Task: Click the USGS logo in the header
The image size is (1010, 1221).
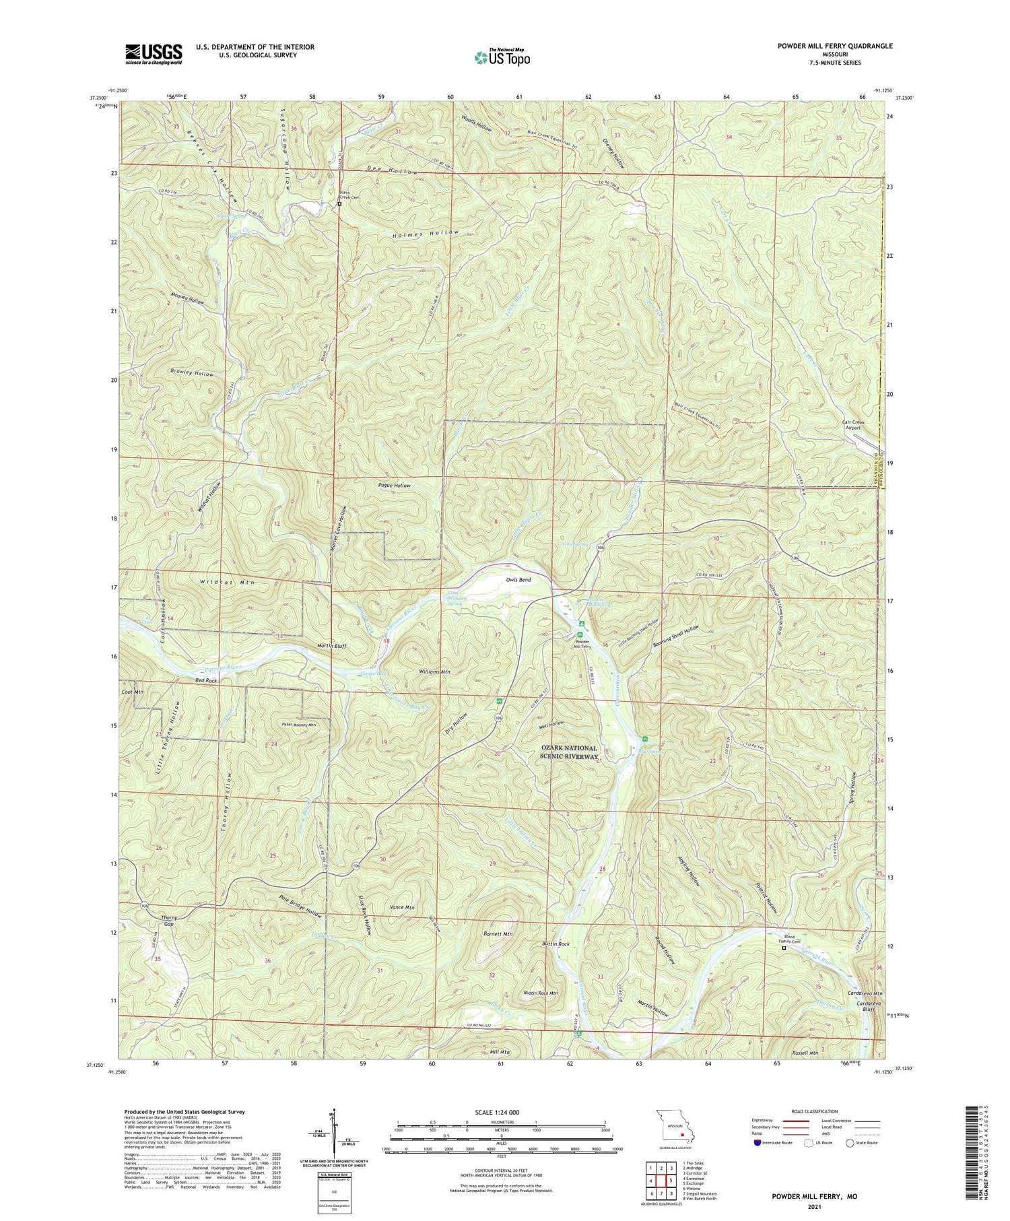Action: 154,53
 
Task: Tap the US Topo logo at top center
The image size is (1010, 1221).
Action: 502,57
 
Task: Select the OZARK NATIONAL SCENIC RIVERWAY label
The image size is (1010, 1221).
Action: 570,752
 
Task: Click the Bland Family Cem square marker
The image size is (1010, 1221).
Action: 783,948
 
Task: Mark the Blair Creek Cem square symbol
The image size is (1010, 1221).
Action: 339,203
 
